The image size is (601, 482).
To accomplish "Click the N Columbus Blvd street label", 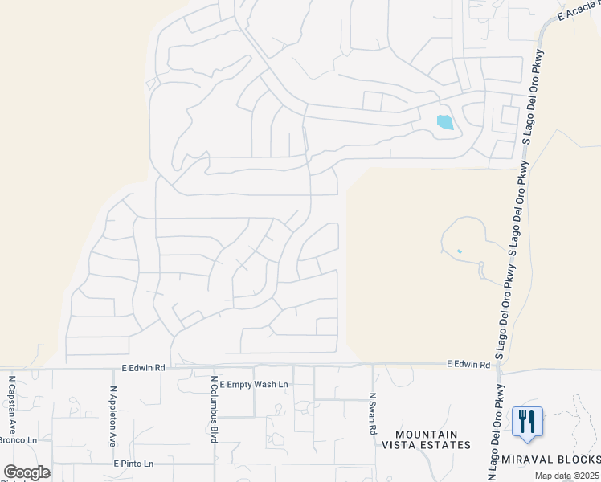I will click(x=214, y=408).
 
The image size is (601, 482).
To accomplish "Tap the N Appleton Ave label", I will click(x=113, y=416).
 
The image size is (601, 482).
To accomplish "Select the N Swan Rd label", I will click(x=373, y=414).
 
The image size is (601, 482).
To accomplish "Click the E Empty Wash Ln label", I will click(x=253, y=385).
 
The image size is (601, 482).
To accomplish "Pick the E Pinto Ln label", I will click(x=133, y=464).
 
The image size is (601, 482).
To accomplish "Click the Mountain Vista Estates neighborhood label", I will click(x=426, y=439).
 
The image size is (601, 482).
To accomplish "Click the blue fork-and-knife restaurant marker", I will click(x=527, y=421).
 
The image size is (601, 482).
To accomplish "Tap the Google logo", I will click(x=27, y=472).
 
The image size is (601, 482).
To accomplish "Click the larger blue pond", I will click(x=444, y=122).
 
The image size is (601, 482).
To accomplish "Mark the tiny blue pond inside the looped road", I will click(x=459, y=251).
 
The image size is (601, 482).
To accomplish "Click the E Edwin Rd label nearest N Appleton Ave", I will click(x=143, y=367).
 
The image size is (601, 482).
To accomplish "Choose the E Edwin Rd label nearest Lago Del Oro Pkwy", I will click(x=468, y=365).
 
